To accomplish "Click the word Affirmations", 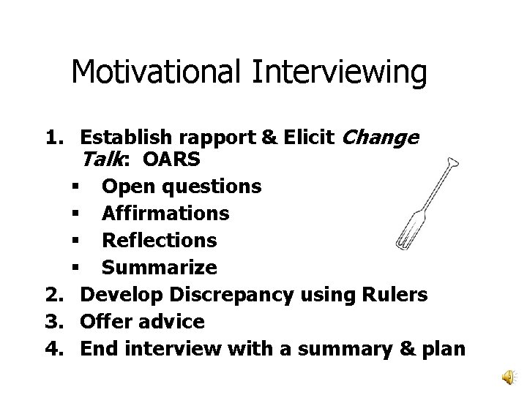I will click(x=165, y=214).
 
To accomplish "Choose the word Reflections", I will click(x=160, y=240).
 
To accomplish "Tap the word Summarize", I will click(x=160, y=267).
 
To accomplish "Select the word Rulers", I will click(x=392, y=294).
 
